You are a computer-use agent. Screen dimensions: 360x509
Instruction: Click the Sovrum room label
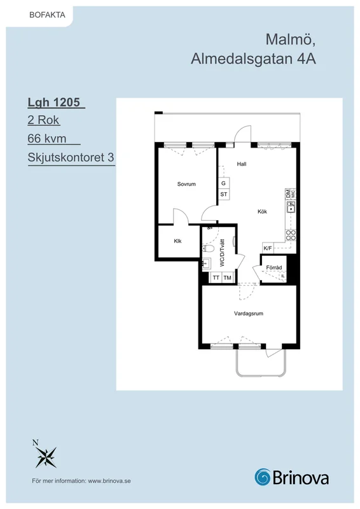(186, 184)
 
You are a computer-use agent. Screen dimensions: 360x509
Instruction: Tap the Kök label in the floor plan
(262, 212)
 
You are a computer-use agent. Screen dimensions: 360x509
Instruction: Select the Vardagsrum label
(249, 314)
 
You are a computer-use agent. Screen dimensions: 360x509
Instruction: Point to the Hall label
(242, 164)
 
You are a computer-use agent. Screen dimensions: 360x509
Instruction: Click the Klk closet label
(177, 241)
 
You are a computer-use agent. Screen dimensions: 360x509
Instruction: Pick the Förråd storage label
(274, 267)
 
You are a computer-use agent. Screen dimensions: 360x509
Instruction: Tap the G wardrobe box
(224, 183)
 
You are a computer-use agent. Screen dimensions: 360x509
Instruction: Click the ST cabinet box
(224, 194)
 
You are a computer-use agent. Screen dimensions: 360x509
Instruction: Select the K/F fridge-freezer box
(268, 248)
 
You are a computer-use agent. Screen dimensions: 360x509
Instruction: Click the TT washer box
(216, 277)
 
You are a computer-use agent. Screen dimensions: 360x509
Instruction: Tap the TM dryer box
(228, 277)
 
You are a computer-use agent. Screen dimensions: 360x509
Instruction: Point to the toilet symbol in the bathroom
(208, 249)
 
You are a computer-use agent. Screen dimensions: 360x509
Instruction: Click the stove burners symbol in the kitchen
(291, 235)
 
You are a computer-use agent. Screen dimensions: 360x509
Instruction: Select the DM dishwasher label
(288, 194)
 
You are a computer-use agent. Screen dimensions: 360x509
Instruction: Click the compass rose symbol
(46, 456)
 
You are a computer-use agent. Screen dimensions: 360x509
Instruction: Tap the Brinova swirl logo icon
(262, 477)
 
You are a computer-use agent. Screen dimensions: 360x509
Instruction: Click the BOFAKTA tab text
(48, 15)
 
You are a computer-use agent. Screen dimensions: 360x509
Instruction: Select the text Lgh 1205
(54, 102)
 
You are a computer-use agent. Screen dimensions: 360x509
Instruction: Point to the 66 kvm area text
(47, 139)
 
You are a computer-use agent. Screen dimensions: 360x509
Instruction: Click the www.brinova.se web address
(109, 481)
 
